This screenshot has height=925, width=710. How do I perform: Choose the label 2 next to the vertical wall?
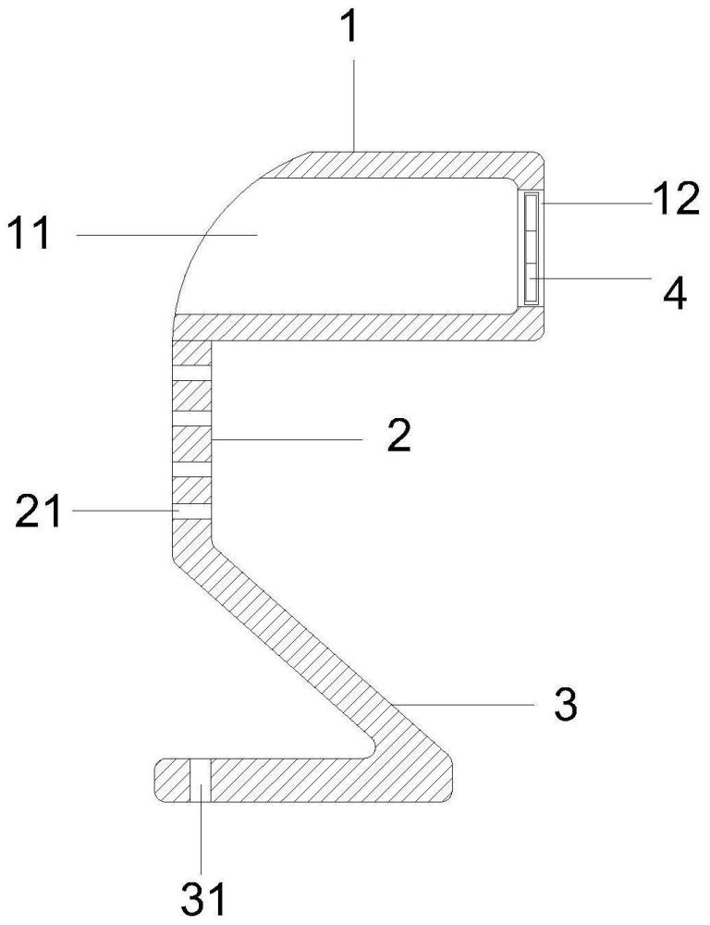point(398,434)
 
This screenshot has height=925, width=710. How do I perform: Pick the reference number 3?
point(566,705)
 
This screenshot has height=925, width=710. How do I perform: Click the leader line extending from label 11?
point(166,236)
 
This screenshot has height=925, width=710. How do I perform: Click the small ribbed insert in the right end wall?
point(531,248)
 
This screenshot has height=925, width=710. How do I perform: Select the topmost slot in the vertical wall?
point(192,372)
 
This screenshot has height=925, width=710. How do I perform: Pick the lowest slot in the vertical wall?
point(192,510)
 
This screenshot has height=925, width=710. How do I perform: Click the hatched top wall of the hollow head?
point(416,163)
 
